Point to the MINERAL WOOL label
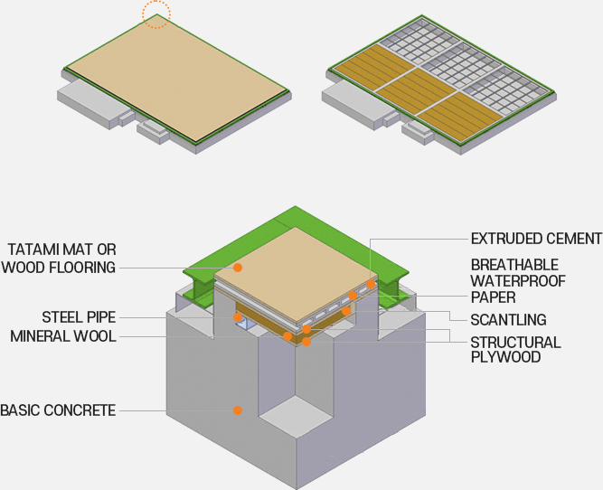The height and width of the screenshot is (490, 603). pos(63,336)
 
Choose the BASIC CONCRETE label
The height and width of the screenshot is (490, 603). pos(58,410)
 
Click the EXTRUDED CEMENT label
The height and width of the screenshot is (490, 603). pos(536,239)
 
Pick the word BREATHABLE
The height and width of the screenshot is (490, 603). pos(514,265)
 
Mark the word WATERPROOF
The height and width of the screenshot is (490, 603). pos(518,281)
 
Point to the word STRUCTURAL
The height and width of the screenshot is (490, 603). pos(515,343)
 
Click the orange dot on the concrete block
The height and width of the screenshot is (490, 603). pos(237,410)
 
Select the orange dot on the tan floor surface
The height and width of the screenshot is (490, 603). pos(238,268)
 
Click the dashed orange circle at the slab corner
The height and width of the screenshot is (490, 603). pos(156,14)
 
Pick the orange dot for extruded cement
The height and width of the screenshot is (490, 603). pos(371,284)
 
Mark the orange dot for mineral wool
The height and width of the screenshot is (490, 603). pos(287,337)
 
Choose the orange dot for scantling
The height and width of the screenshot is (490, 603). pos(345,311)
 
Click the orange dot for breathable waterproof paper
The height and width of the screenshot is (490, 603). pos(353,296)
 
